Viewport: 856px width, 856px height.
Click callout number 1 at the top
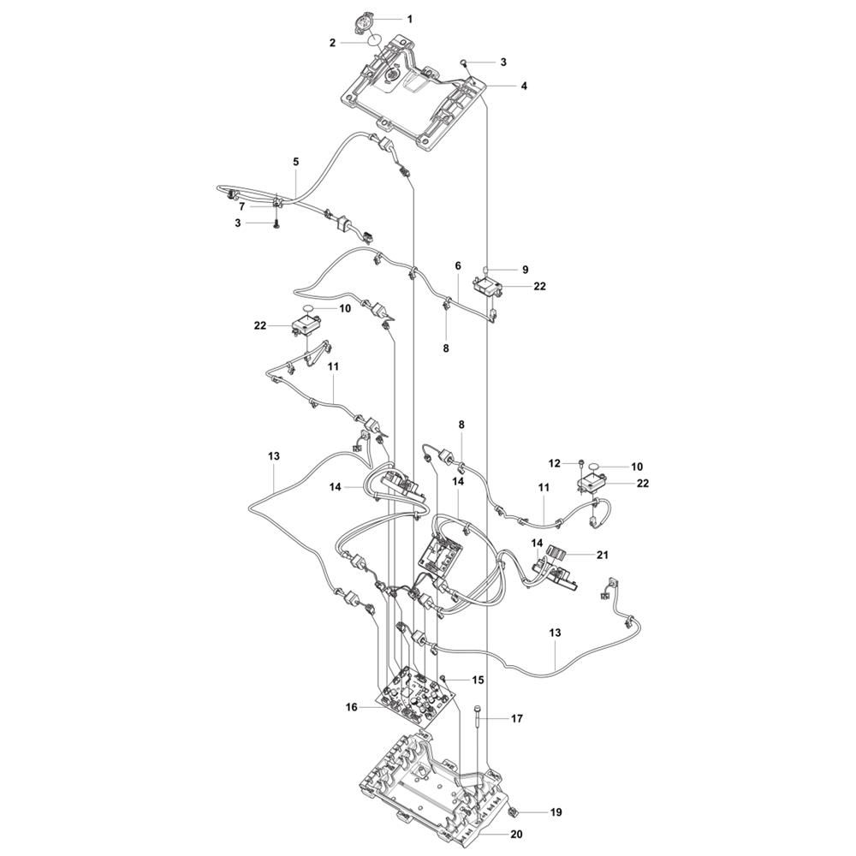(x=409, y=18)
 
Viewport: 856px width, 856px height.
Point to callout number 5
(x=296, y=162)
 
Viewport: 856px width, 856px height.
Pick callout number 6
(x=458, y=267)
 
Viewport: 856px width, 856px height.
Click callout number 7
(x=242, y=206)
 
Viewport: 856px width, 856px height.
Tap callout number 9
(x=526, y=270)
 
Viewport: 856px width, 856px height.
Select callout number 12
(x=556, y=463)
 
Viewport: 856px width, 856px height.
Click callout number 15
(x=478, y=680)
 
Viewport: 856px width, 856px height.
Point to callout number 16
(x=352, y=707)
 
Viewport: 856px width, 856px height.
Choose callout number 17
(x=516, y=720)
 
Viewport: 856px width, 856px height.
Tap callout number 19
(x=532, y=811)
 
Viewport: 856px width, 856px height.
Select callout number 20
(x=515, y=834)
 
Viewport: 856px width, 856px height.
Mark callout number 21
(x=603, y=555)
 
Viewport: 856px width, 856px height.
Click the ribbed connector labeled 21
(x=559, y=554)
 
